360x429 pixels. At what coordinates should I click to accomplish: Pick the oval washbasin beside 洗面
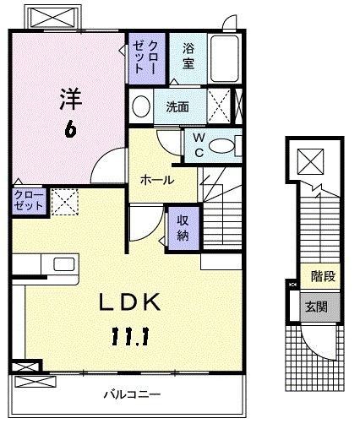(x=140, y=107)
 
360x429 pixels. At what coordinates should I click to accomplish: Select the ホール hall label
(x=156, y=180)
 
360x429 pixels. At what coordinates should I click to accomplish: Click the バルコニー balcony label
(x=133, y=395)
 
